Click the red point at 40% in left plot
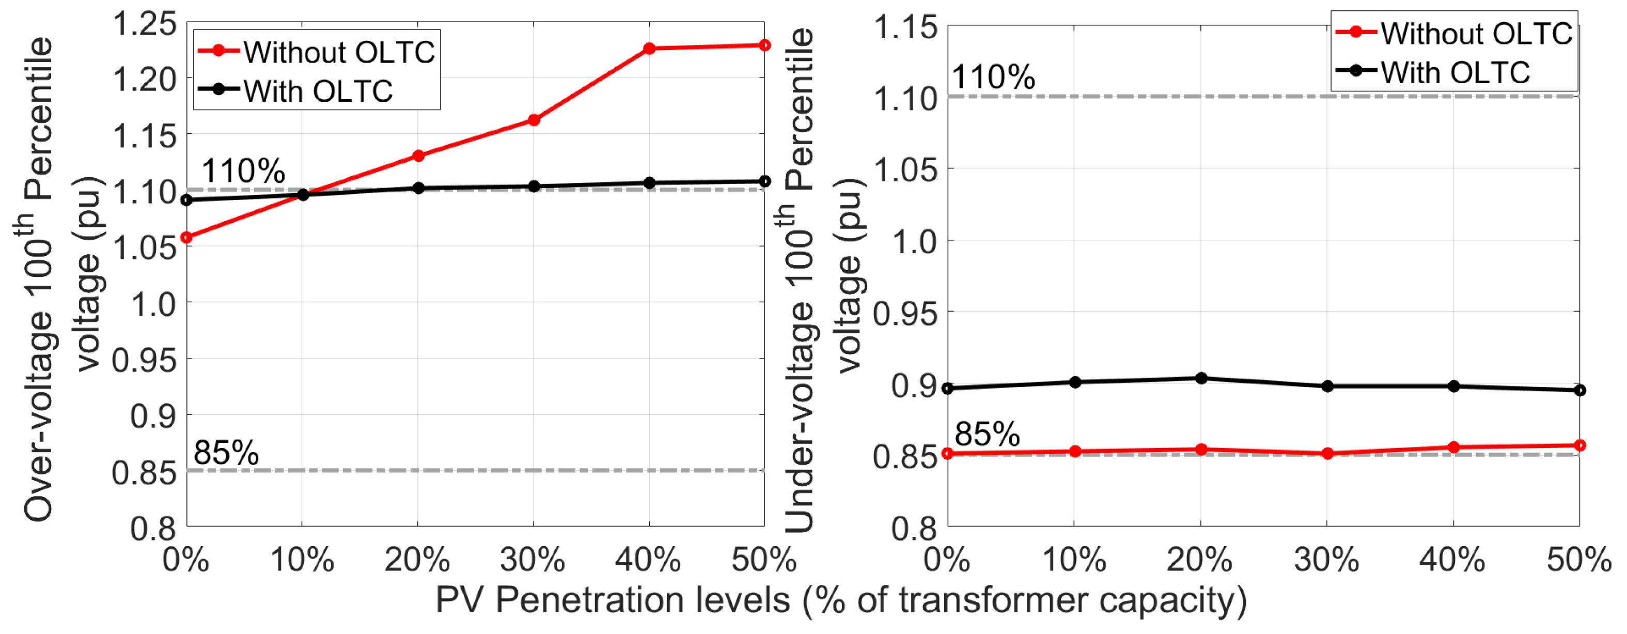(649, 49)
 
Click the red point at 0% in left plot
(186, 238)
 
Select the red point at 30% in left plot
(534, 120)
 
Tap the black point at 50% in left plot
(764, 181)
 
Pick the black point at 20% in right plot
(1201, 379)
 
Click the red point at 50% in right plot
(1579, 445)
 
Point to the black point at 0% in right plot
(948, 388)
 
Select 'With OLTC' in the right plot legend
(1455, 72)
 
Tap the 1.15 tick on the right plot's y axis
(905, 28)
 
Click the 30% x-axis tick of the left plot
(533, 560)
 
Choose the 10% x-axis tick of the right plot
(1074, 560)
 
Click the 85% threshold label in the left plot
(226, 453)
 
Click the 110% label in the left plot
(243, 171)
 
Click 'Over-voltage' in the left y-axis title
(39, 416)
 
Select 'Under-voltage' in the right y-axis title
(800, 416)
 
